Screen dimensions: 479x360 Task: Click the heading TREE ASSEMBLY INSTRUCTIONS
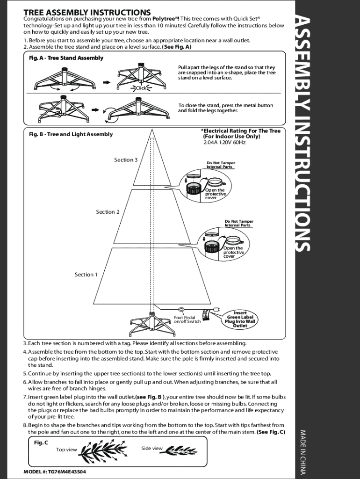tap(87, 12)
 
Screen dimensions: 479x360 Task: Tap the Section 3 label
tap(126, 160)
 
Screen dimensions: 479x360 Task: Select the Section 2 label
tap(108, 212)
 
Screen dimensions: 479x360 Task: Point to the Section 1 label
tap(86, 275)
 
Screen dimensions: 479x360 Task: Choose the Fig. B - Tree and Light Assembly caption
tap(71, 134)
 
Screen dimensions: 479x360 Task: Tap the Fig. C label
tap(41, 442)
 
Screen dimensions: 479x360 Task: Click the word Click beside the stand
tap(141, 88)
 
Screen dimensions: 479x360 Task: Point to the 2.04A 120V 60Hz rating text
tap(224, 142)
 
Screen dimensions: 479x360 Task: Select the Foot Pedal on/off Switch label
tap(187, 319)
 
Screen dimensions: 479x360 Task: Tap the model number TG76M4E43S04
tap(54, 472)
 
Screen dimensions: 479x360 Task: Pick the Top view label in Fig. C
tap(66, 450)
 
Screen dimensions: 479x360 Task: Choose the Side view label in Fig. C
tap(152, 449)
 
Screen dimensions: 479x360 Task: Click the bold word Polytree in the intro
tap(167, 19)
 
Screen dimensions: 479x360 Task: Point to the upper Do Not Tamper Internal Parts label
tap(221, 165)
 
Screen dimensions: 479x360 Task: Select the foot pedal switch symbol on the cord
tap(182, 309)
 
